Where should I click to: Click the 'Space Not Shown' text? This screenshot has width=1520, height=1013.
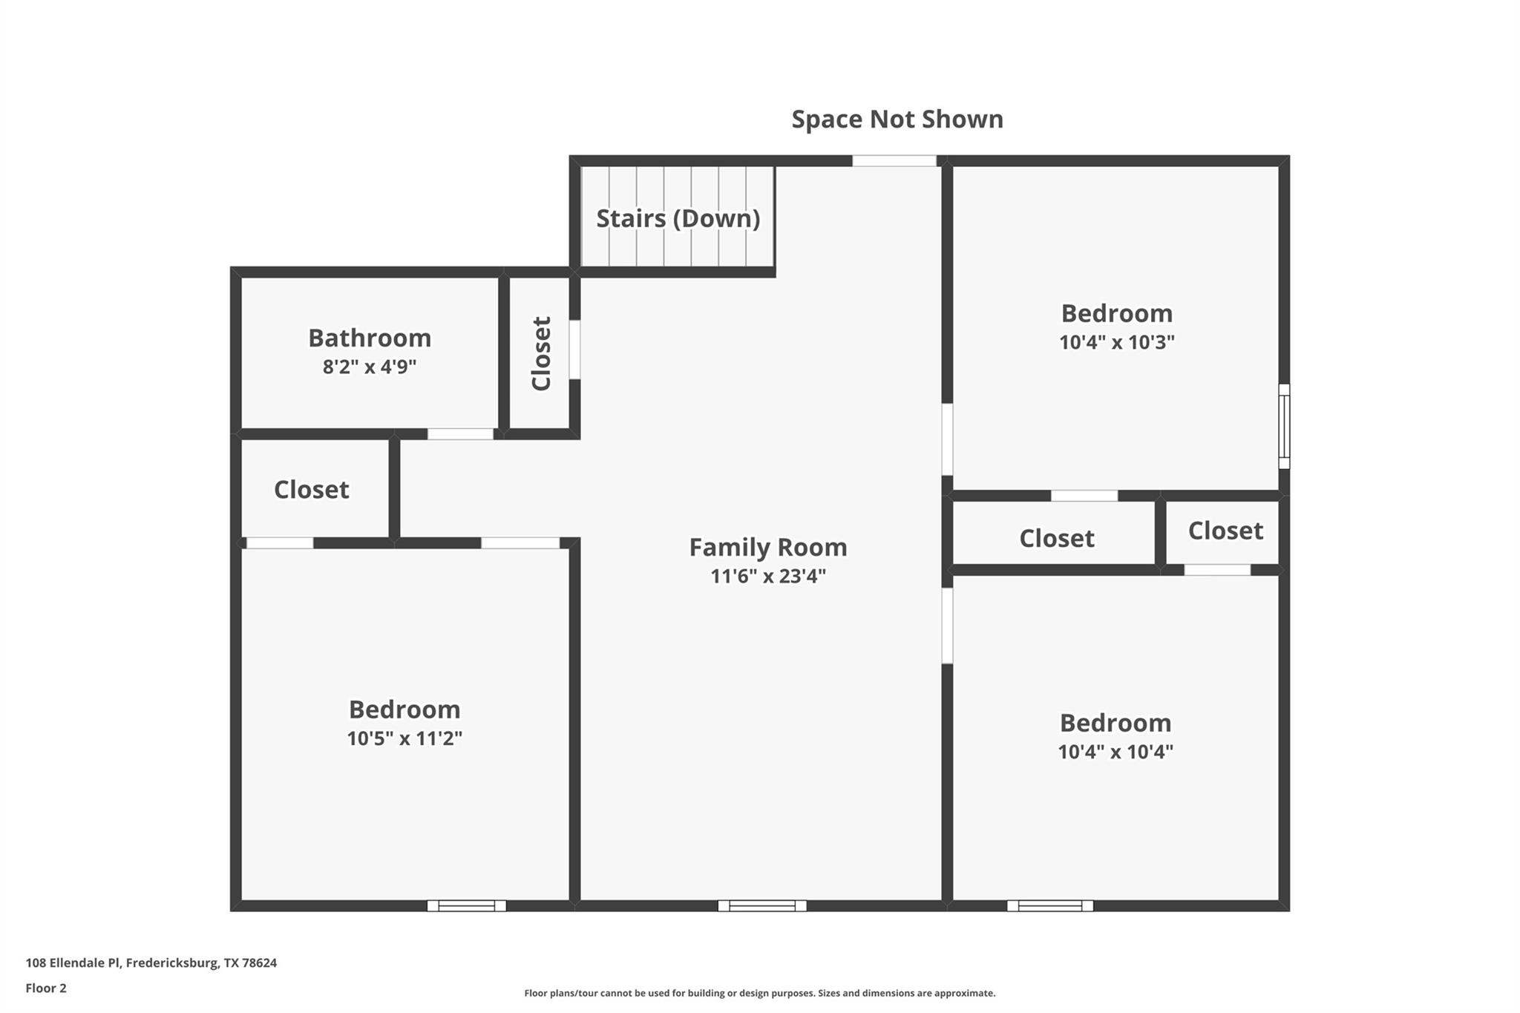[x=897, y=119]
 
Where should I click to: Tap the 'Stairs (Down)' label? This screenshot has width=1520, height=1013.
[x=678, y=218]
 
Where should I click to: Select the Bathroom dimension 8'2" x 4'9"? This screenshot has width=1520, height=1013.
[x=369, y=367]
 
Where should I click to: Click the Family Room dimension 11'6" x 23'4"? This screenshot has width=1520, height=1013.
[x=767, y=577]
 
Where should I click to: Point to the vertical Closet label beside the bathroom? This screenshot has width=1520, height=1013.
[x=541, y=353]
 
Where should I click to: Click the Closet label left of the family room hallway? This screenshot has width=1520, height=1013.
[x=311, y=490]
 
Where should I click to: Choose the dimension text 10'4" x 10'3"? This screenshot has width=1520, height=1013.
[x=1116, y=343]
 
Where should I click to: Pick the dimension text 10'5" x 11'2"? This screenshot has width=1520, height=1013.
[x=404, y=739]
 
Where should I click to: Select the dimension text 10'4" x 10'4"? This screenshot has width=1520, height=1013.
[x=1115, y=753]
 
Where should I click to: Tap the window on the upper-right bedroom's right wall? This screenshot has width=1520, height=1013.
[x=1284, y=426]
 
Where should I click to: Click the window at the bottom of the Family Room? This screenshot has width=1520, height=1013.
[x=761, y=905]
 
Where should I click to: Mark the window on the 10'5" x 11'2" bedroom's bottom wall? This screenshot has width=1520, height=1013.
[x=466, y=905]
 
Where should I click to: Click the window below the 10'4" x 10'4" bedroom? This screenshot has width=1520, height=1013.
[x=1049, y=905]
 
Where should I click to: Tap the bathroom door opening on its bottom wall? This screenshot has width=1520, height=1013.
[x=460, y=434]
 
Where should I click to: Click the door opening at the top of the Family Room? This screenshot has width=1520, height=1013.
[x=894, y=161]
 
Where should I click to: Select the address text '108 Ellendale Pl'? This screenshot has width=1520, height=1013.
[x=72, y=963]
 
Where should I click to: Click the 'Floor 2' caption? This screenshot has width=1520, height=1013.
[x=46, y=989]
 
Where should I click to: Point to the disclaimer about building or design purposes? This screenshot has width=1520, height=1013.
[x=759, y=993]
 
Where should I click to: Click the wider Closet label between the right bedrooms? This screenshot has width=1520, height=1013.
[x=1056, y=539]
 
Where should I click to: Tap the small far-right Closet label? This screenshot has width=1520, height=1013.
[x=1225, y=531]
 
